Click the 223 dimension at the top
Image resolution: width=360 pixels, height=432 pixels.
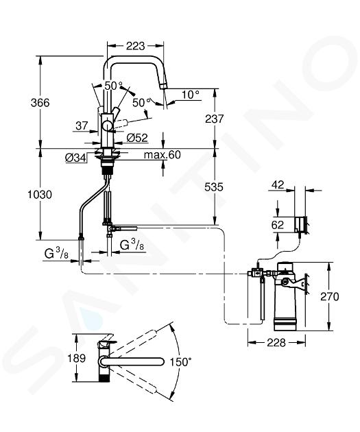click(x=135, y=46)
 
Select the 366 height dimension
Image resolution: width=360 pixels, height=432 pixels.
click(x=40, y=103)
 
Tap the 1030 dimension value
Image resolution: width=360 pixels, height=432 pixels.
click(x=40, y=195)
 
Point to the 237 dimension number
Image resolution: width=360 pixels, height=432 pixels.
click(x=215, y=119)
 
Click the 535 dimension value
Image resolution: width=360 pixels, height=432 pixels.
click(x=214, y=187)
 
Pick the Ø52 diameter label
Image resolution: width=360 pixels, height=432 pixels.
click(x=137, y=138)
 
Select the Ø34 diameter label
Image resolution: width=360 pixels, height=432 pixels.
click(x=75, y=158)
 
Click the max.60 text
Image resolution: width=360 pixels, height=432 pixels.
click(x=163, y=155)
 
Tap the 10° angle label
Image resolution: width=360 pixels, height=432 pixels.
click(x=191, y=95)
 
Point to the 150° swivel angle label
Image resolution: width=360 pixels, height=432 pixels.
click(x=180, y=362)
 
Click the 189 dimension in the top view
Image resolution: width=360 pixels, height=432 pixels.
click(x=77, y=358)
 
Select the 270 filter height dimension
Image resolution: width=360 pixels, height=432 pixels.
click(x=329, y=297)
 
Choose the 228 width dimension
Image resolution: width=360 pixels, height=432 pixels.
click(x=276, y=343)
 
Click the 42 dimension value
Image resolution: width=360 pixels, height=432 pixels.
click(x=277, y=184)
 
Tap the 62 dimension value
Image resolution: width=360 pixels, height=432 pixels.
click(x=277, y=225)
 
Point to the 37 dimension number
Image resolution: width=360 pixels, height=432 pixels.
click(x=82, y=126)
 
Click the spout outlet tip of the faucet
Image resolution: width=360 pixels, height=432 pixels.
click(x=164, y=87)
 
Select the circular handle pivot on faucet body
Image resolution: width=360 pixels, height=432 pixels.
click(x=106, y=127)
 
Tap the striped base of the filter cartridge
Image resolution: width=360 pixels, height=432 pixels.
click(x=285, y=324)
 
